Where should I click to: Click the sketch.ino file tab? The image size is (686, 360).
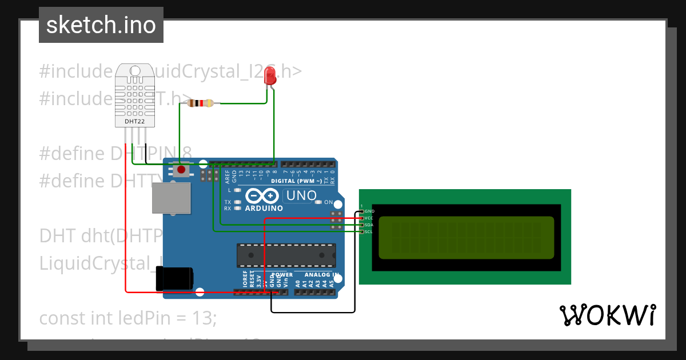[x=101, y=25]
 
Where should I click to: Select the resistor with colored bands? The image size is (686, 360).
[x=201, y=103]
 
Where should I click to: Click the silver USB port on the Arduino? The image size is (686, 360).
[x=171, y=198]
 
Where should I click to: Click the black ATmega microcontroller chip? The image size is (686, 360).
[x=286, y=255]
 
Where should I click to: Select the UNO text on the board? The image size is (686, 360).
[x=301, y=196]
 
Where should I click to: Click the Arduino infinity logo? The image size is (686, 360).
[x=264, y=196]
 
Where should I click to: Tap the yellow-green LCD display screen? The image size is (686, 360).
[x=466, y=237]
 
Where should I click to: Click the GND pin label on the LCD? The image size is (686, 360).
[x=369, y=211]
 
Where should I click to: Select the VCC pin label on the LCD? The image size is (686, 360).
[x=369, y=218]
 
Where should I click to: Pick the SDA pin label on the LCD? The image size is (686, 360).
[x=369, y=225]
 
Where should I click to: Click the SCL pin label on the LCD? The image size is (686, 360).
[x=369, y=231]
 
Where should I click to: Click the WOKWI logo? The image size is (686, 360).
[x=607, y=315]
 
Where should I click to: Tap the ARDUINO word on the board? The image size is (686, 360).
[x=264, y=209]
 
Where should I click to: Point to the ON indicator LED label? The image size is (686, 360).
[x=328, y=202]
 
